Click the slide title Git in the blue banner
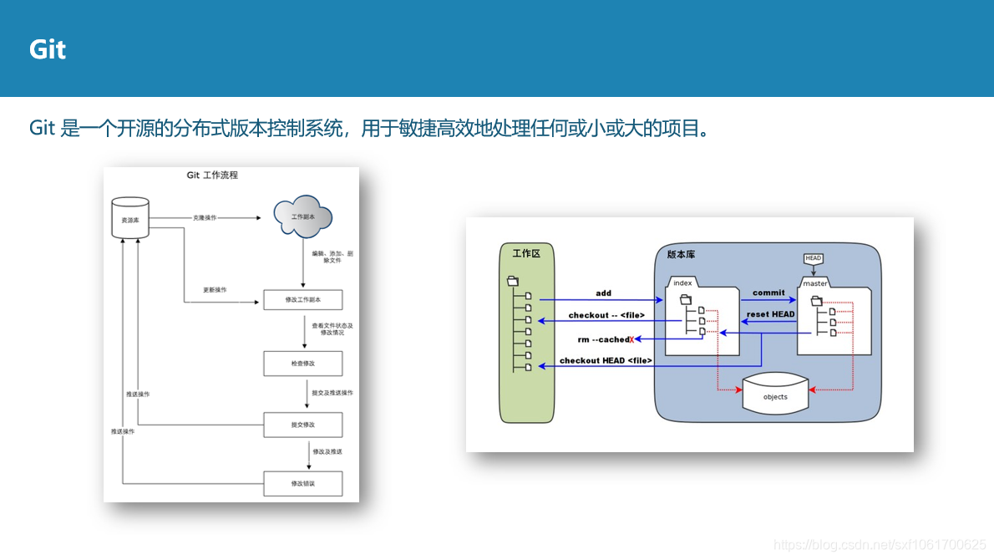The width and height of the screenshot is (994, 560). coord(48,49)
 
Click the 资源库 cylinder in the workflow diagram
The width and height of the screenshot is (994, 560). coord(129,219)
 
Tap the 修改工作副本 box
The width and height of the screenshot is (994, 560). coord(302,299)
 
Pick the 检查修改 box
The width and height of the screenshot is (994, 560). coord(302,364)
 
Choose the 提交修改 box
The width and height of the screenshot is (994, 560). coord(302,425)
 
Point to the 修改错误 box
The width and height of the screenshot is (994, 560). coord(302,484)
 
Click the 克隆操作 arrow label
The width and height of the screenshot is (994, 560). coord(205,217)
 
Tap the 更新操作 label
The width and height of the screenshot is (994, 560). coord(215,290)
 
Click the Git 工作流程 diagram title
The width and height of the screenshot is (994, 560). coord(212,176)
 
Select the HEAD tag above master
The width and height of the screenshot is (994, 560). coord(814,258)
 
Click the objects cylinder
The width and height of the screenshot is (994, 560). coord(775,396)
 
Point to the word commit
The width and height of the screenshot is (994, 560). coord(768,293)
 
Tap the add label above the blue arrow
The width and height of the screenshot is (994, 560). coord(603,293)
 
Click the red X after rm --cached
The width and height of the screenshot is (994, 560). coord(631,339)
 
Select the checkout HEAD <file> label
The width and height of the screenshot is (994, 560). coord(606,360)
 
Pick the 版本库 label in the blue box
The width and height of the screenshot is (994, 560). coord(681,254)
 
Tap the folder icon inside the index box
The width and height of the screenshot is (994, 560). coord(686,299)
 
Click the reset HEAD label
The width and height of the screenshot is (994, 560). coord(770,314)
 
